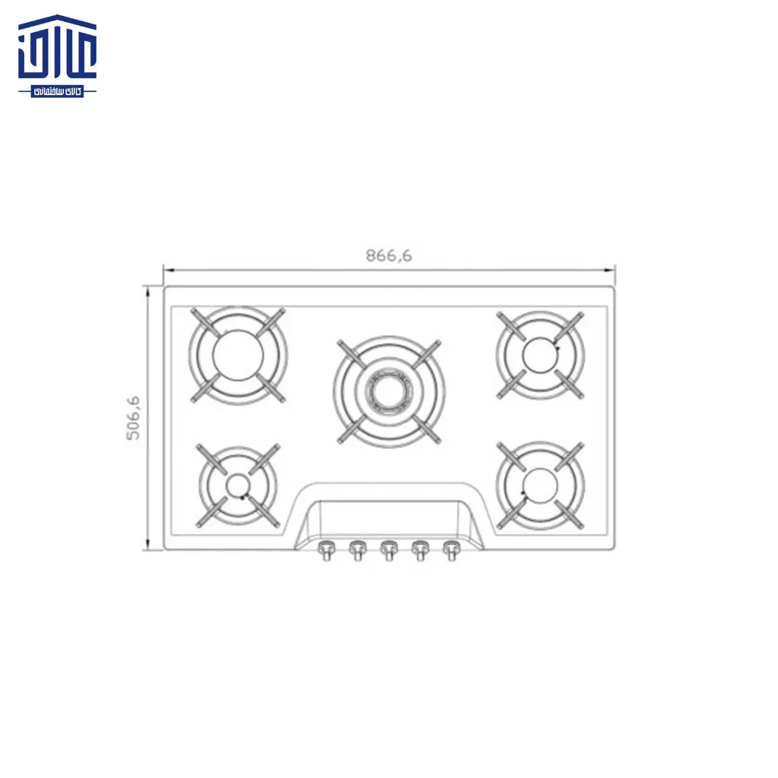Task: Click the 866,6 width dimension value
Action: pyautogui.click(x=389, y=256)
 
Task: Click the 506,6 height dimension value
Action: pyautogui.click(x=134, y=418)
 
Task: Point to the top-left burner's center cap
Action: pyautogui.click(x=238, y=355)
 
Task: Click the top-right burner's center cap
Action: pyautogui.click(x=540, y=353)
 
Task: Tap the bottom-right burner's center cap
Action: pyautogui.click(x=540, y=484)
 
